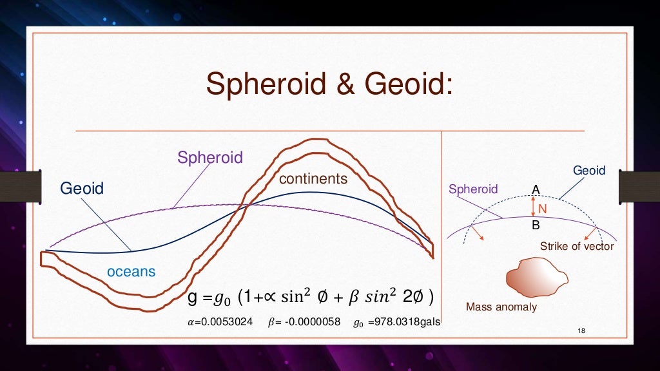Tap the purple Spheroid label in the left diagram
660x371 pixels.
point(209,158)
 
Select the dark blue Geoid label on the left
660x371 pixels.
point(82,189)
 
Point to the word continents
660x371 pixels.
point(313,178)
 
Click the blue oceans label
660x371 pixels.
point(131,271)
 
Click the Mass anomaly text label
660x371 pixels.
point(501,307)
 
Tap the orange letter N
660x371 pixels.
point(542,209)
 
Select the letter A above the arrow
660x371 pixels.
point(535,189)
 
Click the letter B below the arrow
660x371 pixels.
point(536,226)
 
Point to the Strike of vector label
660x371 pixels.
point(577,246)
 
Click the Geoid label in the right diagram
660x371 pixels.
point(589,171)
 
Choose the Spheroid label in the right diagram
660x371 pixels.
point(473,189)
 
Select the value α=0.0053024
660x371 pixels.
point(218,321)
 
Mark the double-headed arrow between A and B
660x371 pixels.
point(532,207)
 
